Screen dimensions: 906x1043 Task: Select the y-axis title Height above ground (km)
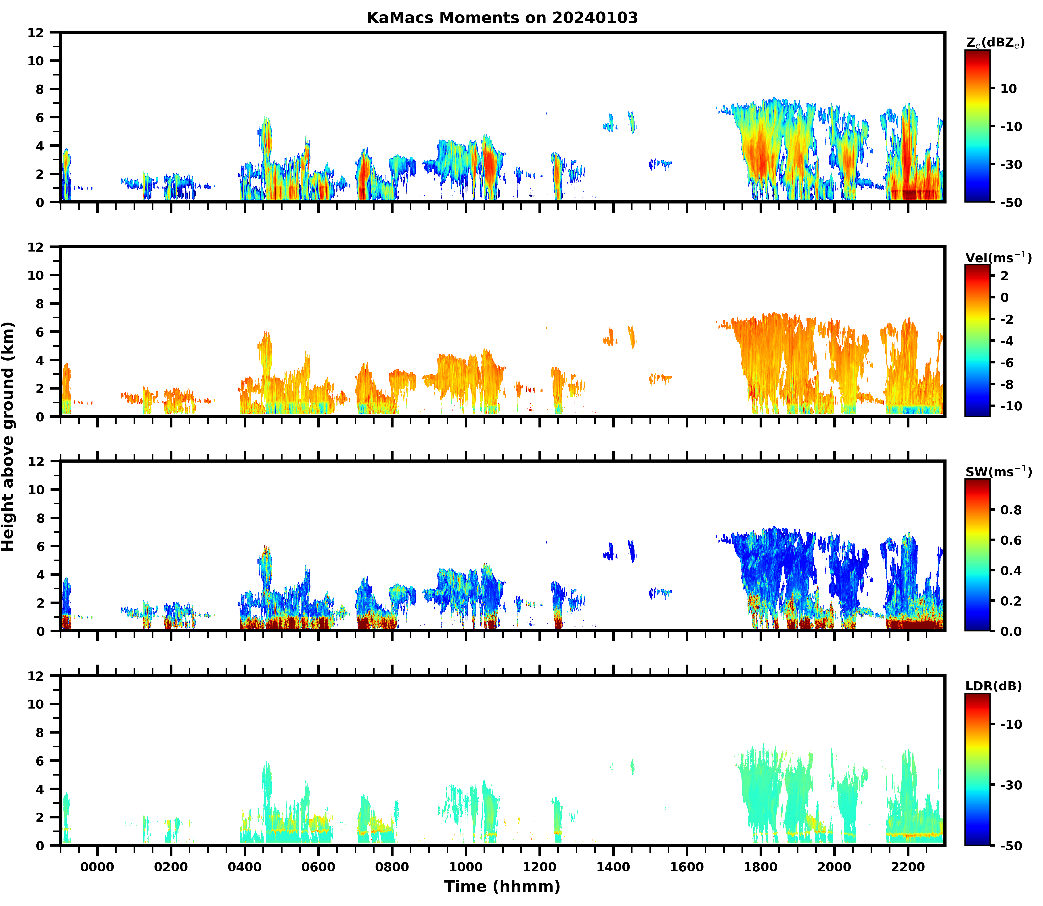click(x=8, y=437)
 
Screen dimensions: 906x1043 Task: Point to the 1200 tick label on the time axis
click(x=539, y=867)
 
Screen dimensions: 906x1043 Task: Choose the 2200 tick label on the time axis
click(x=908, y=867)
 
